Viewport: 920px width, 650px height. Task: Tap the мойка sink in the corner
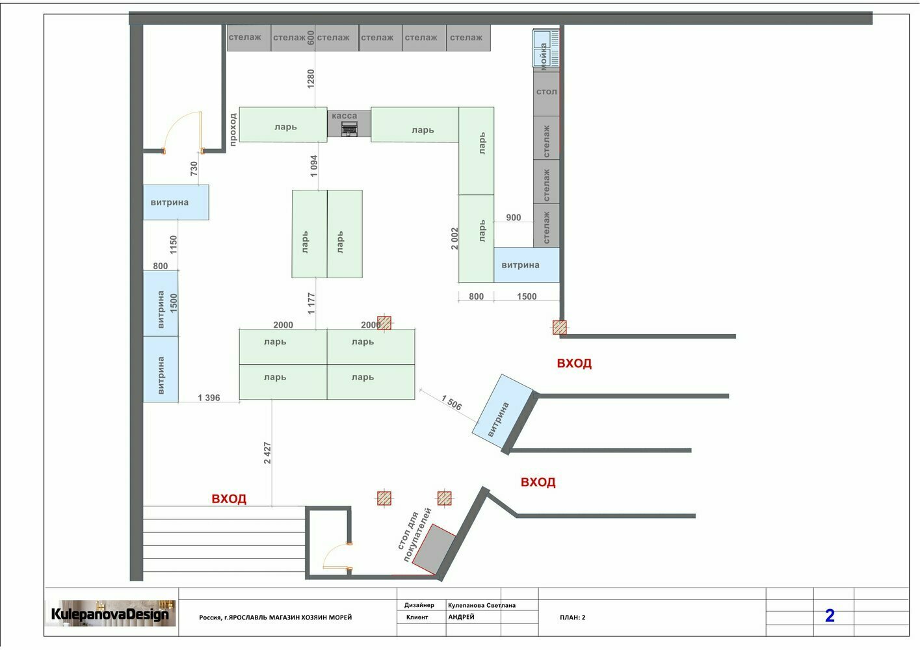click(x=546, y=49)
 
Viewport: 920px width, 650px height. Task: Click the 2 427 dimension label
click(x=267, y=453)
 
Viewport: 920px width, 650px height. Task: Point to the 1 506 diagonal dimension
click(x=451, y=402)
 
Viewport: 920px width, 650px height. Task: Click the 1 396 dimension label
click(x=209, y=397)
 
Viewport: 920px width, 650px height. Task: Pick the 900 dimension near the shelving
click(x=514, y=218)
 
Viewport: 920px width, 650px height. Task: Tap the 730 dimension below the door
click(x=194, y=169)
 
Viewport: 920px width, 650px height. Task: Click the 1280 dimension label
click(x=311, y=79)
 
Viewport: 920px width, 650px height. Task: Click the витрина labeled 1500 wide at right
click(x=527, y=265)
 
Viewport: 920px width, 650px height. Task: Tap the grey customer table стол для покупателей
click(x=434, y=549)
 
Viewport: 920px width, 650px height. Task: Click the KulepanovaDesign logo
click(x=110, y=614)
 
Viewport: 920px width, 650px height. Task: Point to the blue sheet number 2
click(x=830, y=616)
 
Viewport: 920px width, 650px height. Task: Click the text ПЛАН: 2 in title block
click(x=572, y=617)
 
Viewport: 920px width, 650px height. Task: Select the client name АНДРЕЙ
click(x=461, y=617)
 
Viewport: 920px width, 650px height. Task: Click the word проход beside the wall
click(x=233, y=130)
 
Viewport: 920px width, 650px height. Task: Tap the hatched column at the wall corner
click(x=559, y=328)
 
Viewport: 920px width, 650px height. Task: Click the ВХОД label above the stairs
click(x=229, y=499)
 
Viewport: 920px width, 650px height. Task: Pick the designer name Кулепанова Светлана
click(x=481, y=605)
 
